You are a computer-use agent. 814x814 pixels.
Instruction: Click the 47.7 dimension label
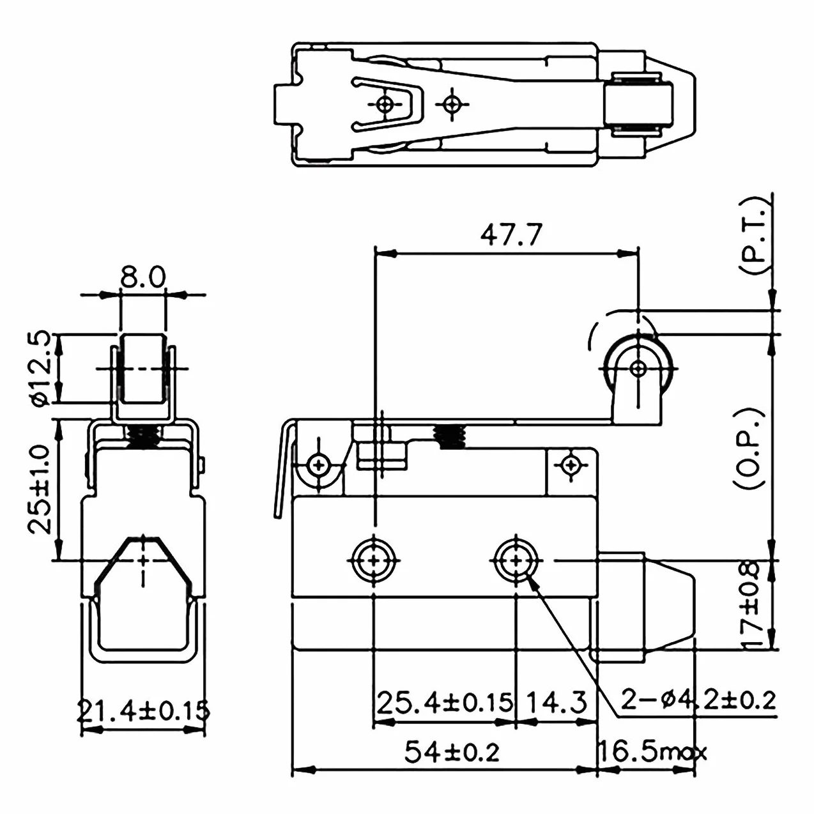tap(511, 234)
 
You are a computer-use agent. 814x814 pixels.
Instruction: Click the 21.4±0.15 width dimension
tap(144, 710)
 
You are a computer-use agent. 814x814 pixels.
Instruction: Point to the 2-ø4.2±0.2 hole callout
tap(698, 700)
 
